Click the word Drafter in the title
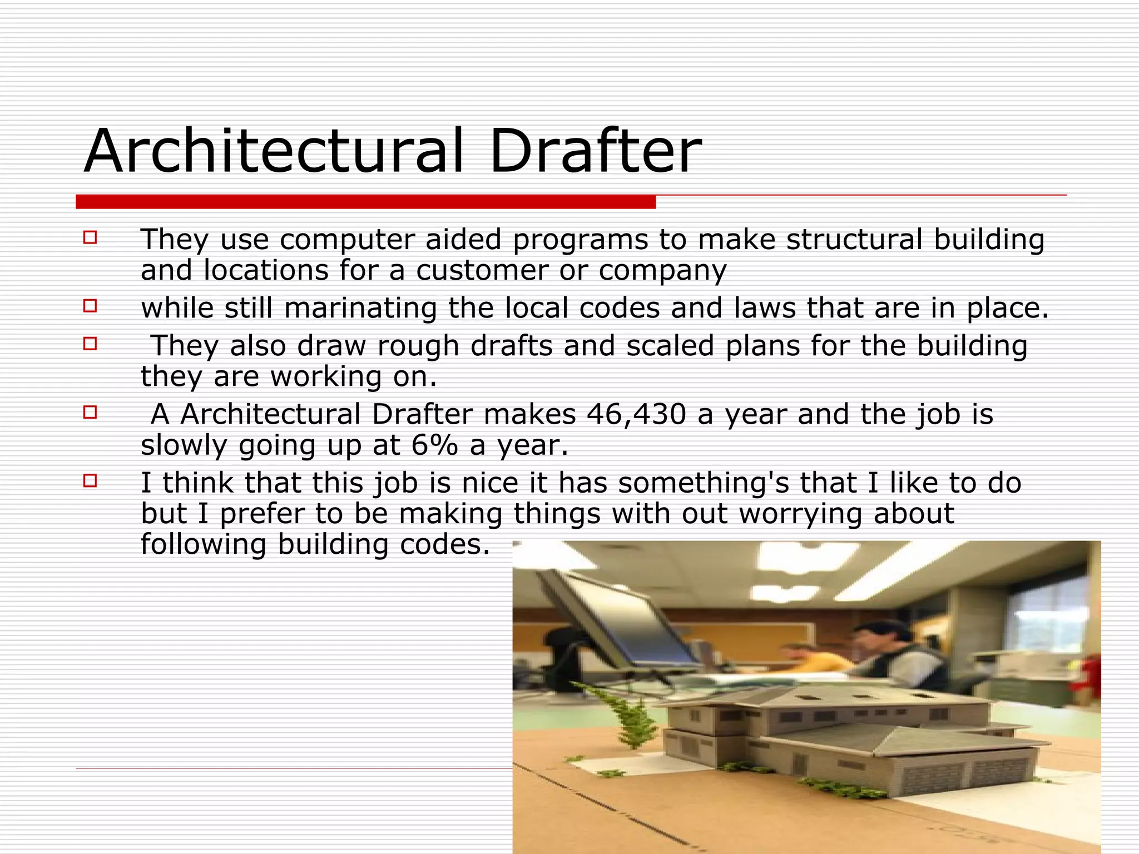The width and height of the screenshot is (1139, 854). (x=595, y=151)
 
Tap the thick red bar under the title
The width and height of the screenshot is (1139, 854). (x=365, y=202)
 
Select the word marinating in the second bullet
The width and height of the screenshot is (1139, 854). (x=360, y=309)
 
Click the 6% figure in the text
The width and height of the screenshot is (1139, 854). (x=434, y=446)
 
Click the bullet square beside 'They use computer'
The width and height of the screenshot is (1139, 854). (x=90, y=238)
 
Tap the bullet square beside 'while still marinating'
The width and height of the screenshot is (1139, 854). (x=90, y=306)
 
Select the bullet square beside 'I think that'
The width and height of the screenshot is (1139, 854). (x=90, y=480)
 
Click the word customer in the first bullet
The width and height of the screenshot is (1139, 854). (x=482, y=271)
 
